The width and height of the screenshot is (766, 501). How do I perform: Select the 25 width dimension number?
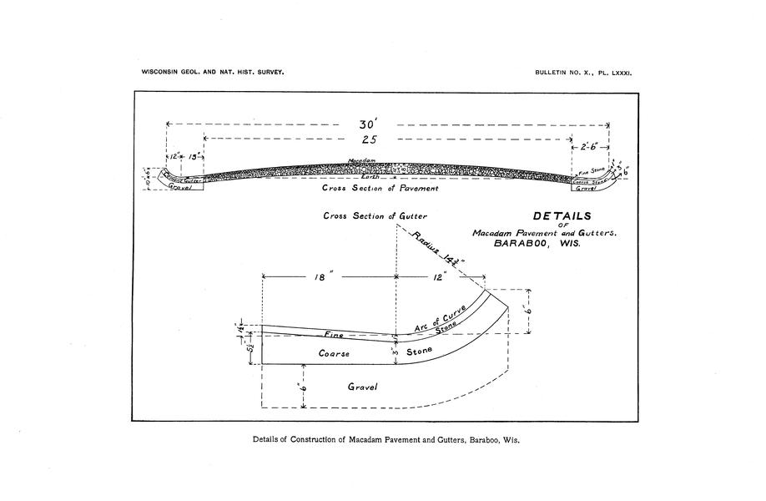[370, 139]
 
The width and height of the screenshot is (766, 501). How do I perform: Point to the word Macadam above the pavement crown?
[363, 159]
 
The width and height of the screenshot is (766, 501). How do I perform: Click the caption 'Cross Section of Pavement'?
[380, 189]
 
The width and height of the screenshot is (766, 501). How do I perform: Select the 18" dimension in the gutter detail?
[320, 279]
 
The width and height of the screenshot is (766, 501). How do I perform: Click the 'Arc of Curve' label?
[439, 318]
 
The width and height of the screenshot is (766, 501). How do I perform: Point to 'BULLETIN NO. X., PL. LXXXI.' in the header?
[584, 73]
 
